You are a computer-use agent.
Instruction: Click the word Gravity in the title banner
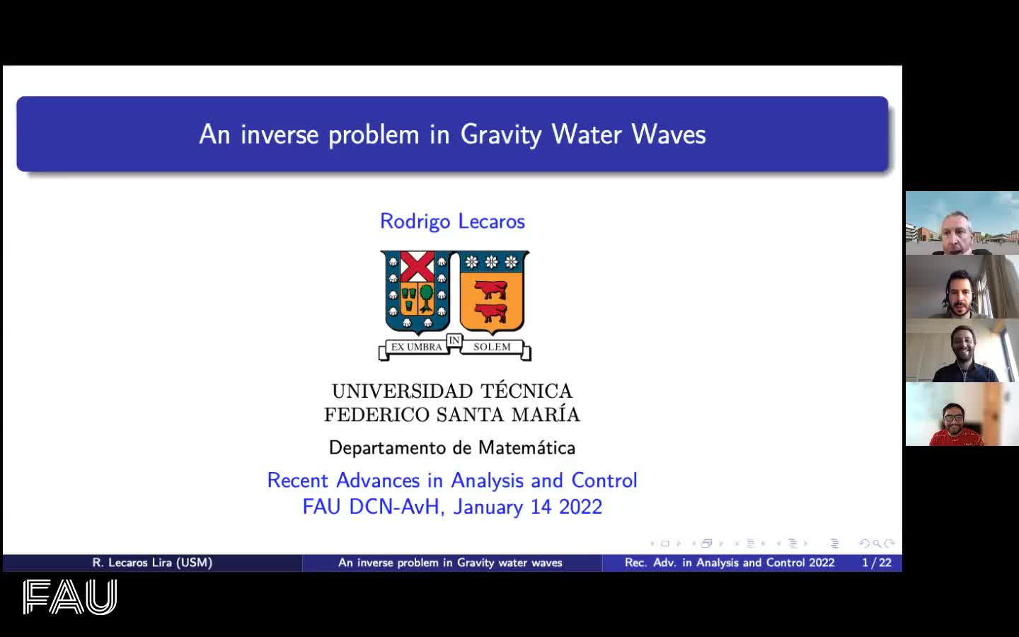pos(501,135)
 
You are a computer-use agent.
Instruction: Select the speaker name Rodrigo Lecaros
pos(452,222)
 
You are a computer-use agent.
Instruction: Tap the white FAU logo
pos(70,597)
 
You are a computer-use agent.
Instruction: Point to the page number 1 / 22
pos(877,563)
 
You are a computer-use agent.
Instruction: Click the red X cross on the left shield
pos(418,265)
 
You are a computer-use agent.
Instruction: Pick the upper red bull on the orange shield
pos(490,289)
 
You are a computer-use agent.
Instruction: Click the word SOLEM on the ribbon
pos(492,347)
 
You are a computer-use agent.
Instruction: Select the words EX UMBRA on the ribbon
pos(416,347)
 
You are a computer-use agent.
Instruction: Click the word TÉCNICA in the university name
pos(526,391)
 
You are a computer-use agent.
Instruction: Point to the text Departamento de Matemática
pos(452,448)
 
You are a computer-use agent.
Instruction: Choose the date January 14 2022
pos(528,507)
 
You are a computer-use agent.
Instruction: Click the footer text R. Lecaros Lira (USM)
pos(152,563)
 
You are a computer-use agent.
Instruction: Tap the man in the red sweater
pos(955,425)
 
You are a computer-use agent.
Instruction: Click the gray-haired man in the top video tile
pos(958,233)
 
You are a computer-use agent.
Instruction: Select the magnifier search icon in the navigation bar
pos(877,544)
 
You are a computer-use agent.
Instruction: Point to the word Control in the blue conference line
pos(604,481)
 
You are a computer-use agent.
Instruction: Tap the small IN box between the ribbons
pos(454,340)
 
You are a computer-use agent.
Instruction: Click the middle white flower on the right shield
pos(491,262)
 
